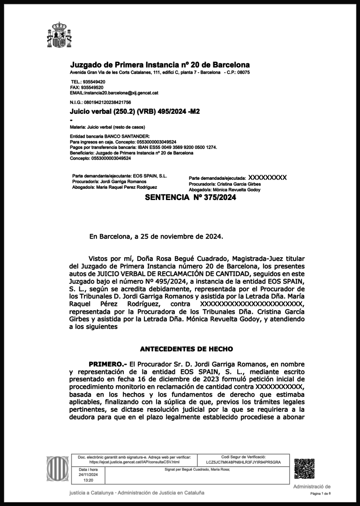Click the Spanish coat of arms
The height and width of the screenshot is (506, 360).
point(59,35)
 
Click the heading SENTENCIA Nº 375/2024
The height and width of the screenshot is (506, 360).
point(190,198)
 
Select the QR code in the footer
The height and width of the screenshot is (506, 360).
point(304,469)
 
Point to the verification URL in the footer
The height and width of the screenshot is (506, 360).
point(134,462)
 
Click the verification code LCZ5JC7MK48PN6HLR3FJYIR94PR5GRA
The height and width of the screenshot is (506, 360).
point(243,462)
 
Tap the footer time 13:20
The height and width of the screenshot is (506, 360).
point(88,480)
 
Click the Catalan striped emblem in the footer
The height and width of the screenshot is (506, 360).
point(58,469)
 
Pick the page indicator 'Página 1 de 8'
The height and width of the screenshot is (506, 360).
point(320,494)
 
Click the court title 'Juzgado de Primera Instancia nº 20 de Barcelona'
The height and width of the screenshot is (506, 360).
point(160,65)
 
